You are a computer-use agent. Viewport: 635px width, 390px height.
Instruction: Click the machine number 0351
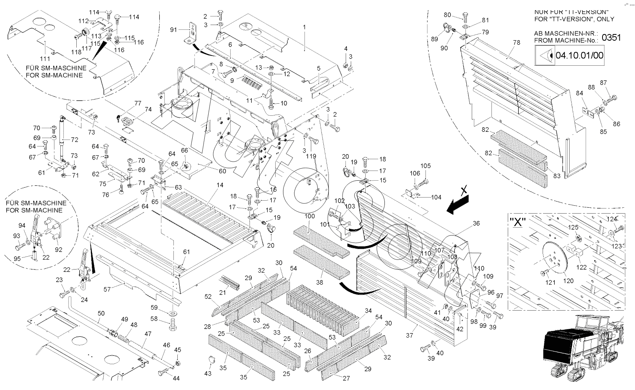click(x=611, y=38)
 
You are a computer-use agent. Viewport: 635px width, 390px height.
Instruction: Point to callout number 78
click(x=517, y=43)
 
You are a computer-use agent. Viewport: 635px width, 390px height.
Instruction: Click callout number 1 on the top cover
click(x=304, y=27)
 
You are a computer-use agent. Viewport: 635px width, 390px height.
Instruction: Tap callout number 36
click(x=476, y=223)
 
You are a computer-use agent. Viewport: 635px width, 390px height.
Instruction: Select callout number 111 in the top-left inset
click(x=45, y=58)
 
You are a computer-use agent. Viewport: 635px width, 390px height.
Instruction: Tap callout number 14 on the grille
click(x=220, y=184)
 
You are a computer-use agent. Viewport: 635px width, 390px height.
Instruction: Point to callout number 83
click(x=557, y=176)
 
